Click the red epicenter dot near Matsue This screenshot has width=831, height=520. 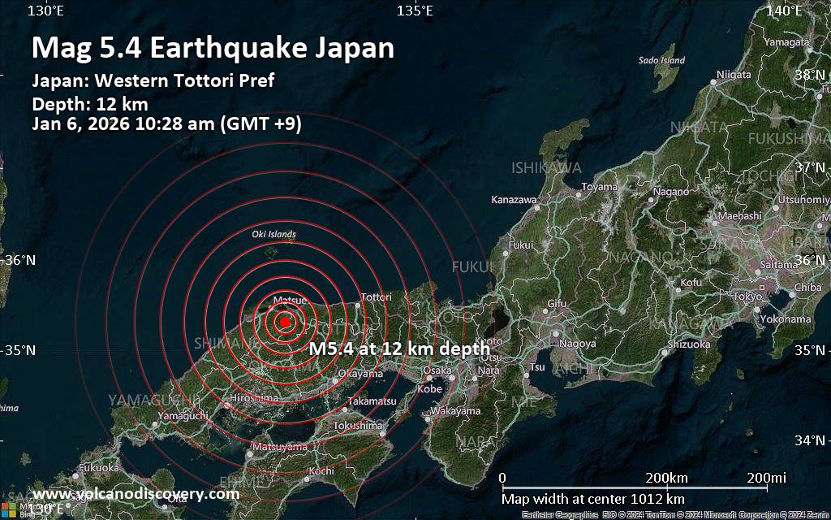pos(284,322)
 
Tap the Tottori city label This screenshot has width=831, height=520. pos(376,297)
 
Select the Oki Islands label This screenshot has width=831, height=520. pos(273,235)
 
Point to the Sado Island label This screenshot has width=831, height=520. pos(661,60)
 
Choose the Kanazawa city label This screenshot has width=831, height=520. pos(514,199)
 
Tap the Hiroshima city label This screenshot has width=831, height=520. pos(254,398)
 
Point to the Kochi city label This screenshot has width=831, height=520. pos(321,471)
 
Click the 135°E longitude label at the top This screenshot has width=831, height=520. pos(414,11)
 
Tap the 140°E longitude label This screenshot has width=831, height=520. pos(785,11)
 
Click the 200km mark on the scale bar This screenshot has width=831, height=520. pos(668,477)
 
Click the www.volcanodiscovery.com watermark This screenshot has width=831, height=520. pos(136,494)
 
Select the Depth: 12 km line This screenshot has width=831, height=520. pos(89,103)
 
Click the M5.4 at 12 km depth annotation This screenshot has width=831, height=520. pos(399,349)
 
